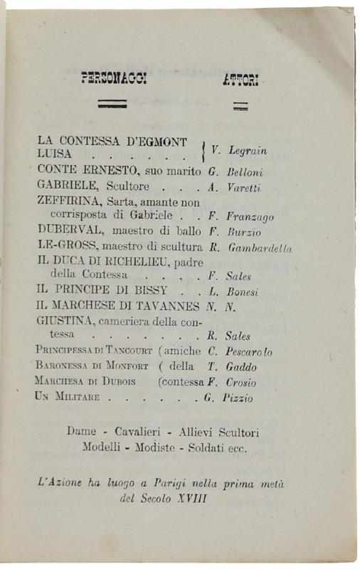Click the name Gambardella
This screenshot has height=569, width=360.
[261, 248]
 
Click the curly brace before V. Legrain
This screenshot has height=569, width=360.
[204, 149]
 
